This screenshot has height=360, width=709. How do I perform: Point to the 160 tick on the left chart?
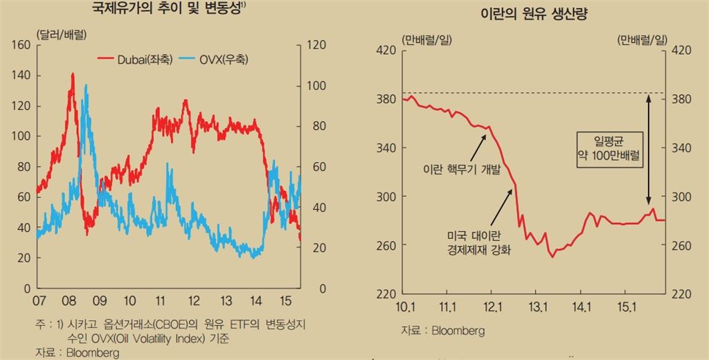tap(20, 45)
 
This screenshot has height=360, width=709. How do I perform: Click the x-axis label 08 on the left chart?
tap(69, 301)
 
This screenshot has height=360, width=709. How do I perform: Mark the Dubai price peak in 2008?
tap(73, 73)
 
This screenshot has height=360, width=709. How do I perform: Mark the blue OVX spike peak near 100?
tap(85, 85)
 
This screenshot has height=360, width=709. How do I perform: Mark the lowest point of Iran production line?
tap(553, 257)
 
